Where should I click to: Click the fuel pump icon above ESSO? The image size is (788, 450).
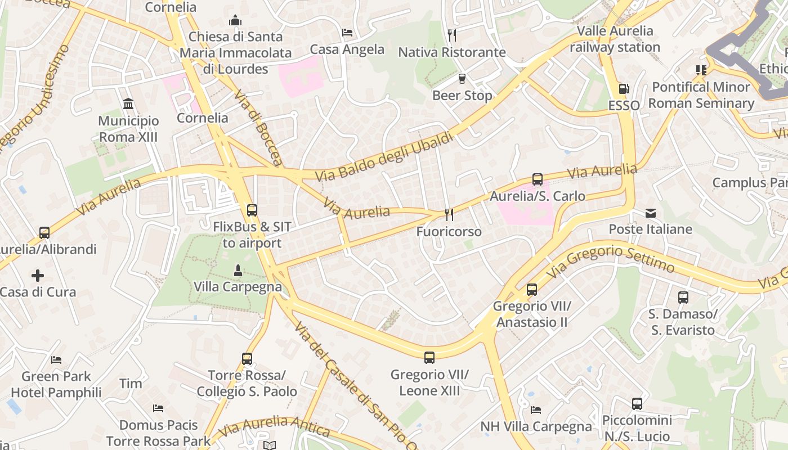(624, 89)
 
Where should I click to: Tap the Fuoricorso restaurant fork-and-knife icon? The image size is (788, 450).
(449, 214)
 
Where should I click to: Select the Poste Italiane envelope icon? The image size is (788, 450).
(651, 213)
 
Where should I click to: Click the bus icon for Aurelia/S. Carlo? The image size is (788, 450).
(538, 179)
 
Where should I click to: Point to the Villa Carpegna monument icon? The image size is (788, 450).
(238, 271)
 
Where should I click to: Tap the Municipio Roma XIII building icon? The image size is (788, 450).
(128, 104)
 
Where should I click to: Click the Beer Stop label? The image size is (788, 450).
(462, 96)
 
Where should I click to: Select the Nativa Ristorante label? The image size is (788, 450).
(452, 52)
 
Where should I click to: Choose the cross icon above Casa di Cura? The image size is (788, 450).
(38, 276)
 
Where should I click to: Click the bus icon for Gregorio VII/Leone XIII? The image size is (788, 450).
(429, 358)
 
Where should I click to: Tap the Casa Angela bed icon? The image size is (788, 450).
(347, 33)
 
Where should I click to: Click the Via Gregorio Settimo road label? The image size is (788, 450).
(611, 260)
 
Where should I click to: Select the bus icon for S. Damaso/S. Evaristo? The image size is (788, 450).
(683, 298)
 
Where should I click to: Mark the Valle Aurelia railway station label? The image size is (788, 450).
(615, 39)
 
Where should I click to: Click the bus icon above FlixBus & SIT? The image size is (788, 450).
(252, 210)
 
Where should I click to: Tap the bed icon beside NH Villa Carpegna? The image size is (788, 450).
(536, 410)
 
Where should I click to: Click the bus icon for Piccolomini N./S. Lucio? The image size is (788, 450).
(637, 404)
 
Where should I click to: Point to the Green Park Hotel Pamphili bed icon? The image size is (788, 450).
(56, 360)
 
